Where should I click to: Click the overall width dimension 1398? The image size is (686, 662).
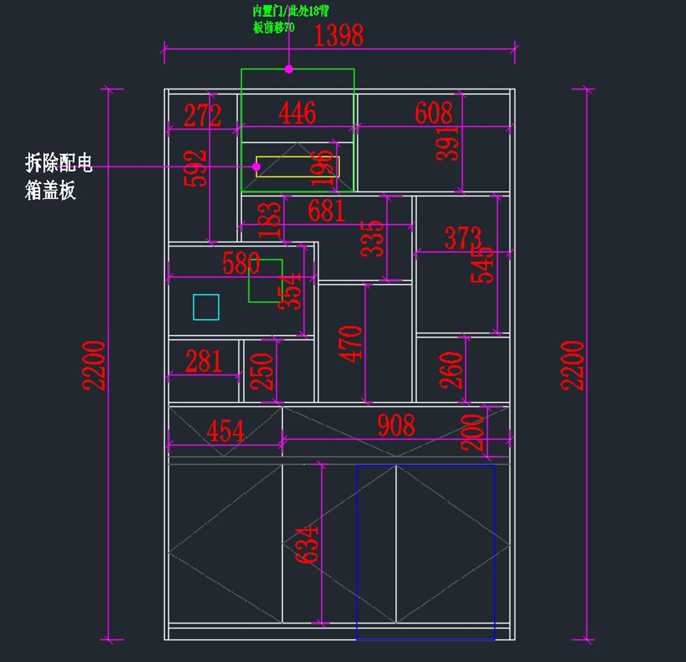tap(338, 36)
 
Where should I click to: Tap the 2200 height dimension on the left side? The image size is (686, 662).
tap(94, 366)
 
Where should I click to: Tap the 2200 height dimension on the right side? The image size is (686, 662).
tap(572, 366)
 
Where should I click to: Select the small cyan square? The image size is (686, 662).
tap(206, 307)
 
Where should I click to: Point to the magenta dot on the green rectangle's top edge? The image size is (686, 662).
tap(289, 69)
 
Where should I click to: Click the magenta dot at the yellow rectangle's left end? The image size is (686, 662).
tap(256, 167)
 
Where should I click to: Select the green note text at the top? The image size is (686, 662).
tap(290, 19)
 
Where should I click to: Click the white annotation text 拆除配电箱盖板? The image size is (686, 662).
tap(58, 176)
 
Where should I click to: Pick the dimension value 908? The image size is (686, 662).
tap(396, 426)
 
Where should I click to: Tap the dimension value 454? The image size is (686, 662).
tap(225, 431)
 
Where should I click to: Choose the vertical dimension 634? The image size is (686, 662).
tap(307, 545)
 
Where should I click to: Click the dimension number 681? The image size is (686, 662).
tap(326, 211)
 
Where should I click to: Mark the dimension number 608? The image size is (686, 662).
tap(433, 113)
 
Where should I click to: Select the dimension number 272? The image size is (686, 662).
tap(202, 115)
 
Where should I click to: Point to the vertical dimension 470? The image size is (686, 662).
tap(350, 344)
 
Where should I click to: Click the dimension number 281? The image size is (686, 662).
tap(204, 362)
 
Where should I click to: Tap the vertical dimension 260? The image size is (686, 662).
tap(451, 370)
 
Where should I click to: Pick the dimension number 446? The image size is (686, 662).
tap(297, 113)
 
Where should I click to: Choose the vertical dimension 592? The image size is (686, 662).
tap(196, 168)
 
